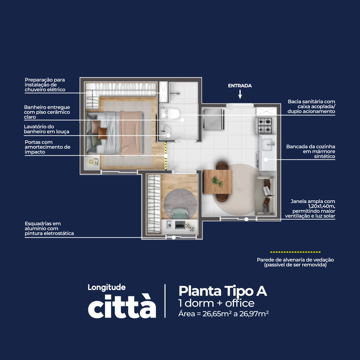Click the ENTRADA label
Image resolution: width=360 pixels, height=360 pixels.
[x=240, y=86]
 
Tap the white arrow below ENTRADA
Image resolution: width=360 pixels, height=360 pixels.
[x=240, y=94]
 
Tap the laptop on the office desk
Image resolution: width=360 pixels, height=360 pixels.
[x=180, y=225]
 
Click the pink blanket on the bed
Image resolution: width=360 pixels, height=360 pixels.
[x=130, y=133]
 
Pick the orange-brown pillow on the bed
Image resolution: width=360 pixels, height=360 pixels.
[x=102, y=134]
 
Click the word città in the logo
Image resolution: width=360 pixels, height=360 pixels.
[x=122, y=306]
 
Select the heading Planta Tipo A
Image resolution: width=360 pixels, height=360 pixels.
[x=223, y=291]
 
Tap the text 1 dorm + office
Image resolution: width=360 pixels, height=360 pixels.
[x=216, y=303]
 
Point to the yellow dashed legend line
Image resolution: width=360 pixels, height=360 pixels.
[x=295, y=252]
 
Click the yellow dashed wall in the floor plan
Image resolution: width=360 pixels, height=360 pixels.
[x=166, y=156]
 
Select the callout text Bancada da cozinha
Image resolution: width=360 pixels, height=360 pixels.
[x=311, y=146]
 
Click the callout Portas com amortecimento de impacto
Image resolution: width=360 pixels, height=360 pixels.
[x=48, y=147]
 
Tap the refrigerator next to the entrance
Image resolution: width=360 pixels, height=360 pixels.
[x=214, y=119]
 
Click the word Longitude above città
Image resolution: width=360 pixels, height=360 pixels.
[x=107, y=287]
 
